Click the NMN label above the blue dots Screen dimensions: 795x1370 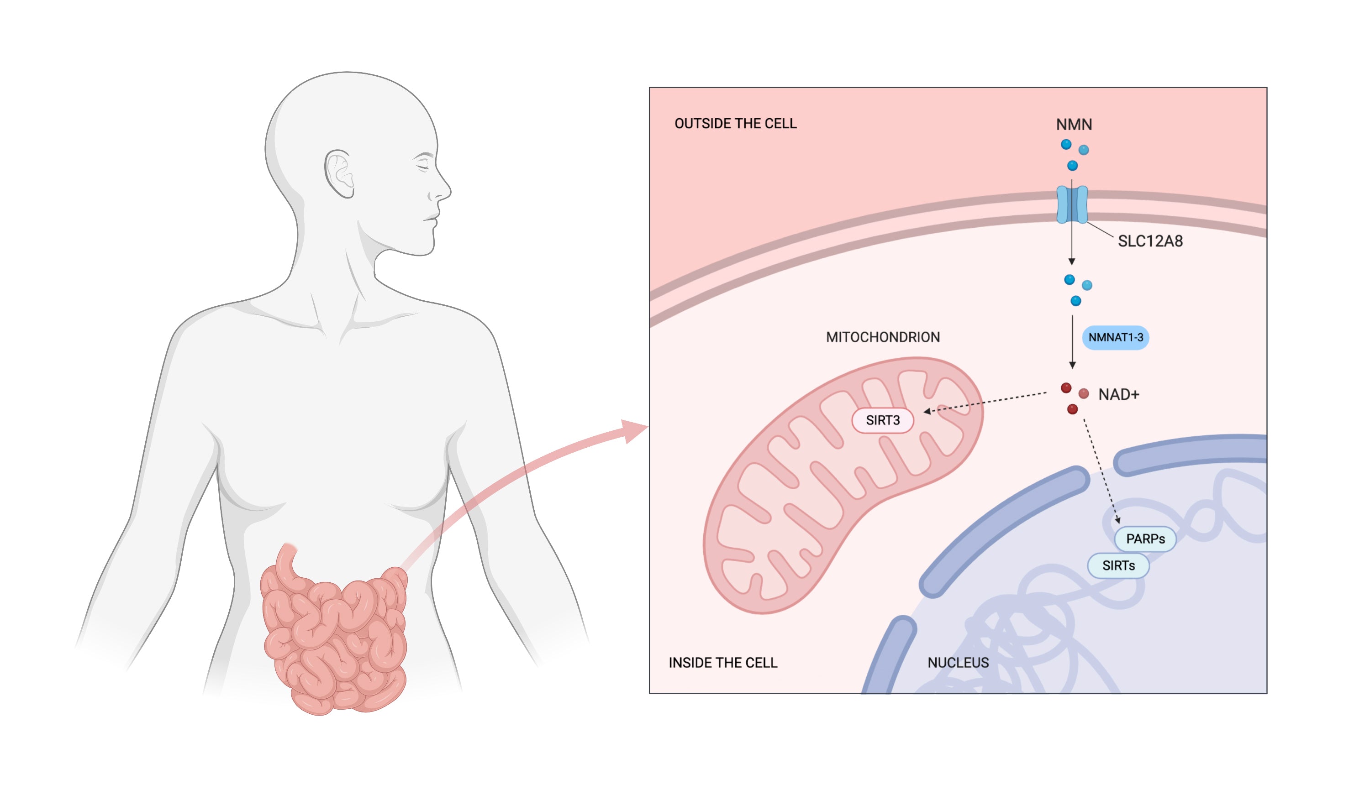pyautogui.click(x=1074, y=125)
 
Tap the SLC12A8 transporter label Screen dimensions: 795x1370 pyautogui.click(x=1150, y=241)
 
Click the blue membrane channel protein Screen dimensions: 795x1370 pyautogui.click(x=1071, y=204)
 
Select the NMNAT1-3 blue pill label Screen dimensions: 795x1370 pyautogui.click(x=1115, y=337)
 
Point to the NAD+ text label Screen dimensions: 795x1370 pyautogui.click(x=1118, y=394)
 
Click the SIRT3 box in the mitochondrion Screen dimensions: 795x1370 pyautogui.click(x=882, y=420)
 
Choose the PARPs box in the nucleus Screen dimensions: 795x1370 pyautogui.click(x=1145, y=539)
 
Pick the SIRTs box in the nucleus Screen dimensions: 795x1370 pyautogui.click(x=1118, y=566)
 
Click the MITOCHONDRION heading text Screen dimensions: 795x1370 pyautogui.click(x=882, y=337)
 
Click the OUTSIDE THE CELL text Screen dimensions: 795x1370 pyautogui.click(x=735, y=124)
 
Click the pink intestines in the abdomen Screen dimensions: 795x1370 pyautogui.click(x=334, y=636)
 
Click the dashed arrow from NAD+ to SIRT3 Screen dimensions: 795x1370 pyautogui.click(x=984, y=403)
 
